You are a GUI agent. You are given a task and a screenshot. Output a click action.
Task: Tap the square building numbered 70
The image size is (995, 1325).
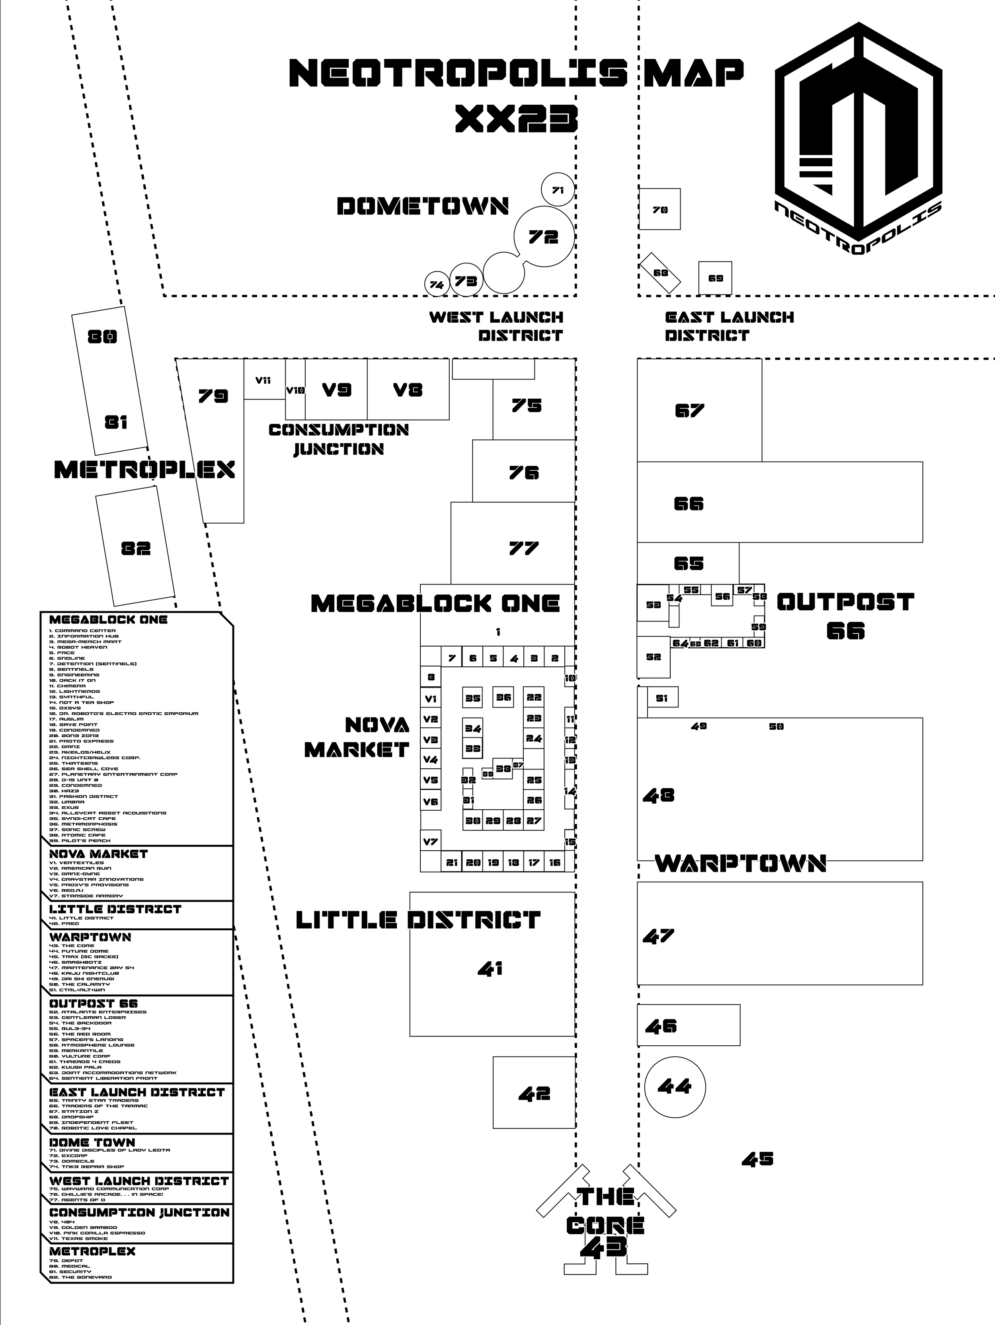coord(659,209)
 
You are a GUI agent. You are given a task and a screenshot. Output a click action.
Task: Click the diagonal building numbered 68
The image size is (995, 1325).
coord(661,273)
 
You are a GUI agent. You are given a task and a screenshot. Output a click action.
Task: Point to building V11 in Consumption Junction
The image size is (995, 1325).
coord(263,380)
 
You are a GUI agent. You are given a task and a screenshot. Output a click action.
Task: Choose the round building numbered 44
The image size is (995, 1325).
coord(675,1086)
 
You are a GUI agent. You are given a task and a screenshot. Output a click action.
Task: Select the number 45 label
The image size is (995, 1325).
coord(758,1159)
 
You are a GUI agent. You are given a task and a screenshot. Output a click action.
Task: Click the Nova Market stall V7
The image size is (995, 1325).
coord(431,842)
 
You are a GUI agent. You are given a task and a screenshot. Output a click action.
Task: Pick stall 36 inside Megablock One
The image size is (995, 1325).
coord(503,697)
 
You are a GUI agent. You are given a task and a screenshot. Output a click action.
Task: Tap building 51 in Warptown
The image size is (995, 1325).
coord(662,698)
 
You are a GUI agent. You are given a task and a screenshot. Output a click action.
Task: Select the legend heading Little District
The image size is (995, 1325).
coord(115,909)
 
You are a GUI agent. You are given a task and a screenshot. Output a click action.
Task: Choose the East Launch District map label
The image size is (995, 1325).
coord(729,326)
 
